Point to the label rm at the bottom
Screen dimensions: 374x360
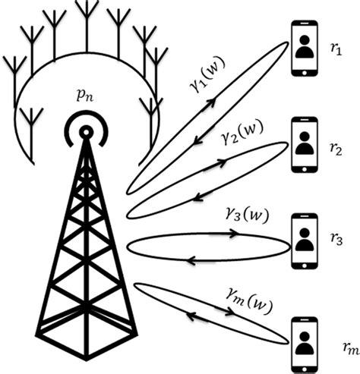(x=348, y=348)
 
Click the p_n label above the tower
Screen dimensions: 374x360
(x=84, y=99)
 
